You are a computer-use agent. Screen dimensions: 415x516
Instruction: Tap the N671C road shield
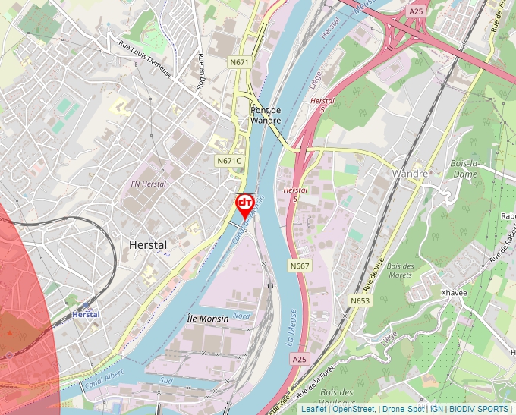(228, 161)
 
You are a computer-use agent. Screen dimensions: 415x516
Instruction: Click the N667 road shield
(300, 266)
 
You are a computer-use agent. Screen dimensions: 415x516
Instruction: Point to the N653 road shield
(360, 301)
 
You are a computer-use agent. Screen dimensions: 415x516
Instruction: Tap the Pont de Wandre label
(266, 115)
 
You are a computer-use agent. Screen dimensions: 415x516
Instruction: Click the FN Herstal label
(148, 184)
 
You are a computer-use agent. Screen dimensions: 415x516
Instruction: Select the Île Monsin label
(207, 319)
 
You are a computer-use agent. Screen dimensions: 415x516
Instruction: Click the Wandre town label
(411, 174)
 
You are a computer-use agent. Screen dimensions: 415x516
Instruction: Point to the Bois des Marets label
(400, 270)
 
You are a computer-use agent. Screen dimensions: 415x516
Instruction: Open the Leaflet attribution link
(313, 409)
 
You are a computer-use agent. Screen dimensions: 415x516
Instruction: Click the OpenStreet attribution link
(354, 409)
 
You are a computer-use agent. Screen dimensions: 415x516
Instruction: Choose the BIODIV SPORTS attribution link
(479, 409)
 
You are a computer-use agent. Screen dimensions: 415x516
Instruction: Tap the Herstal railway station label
(86, 314)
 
